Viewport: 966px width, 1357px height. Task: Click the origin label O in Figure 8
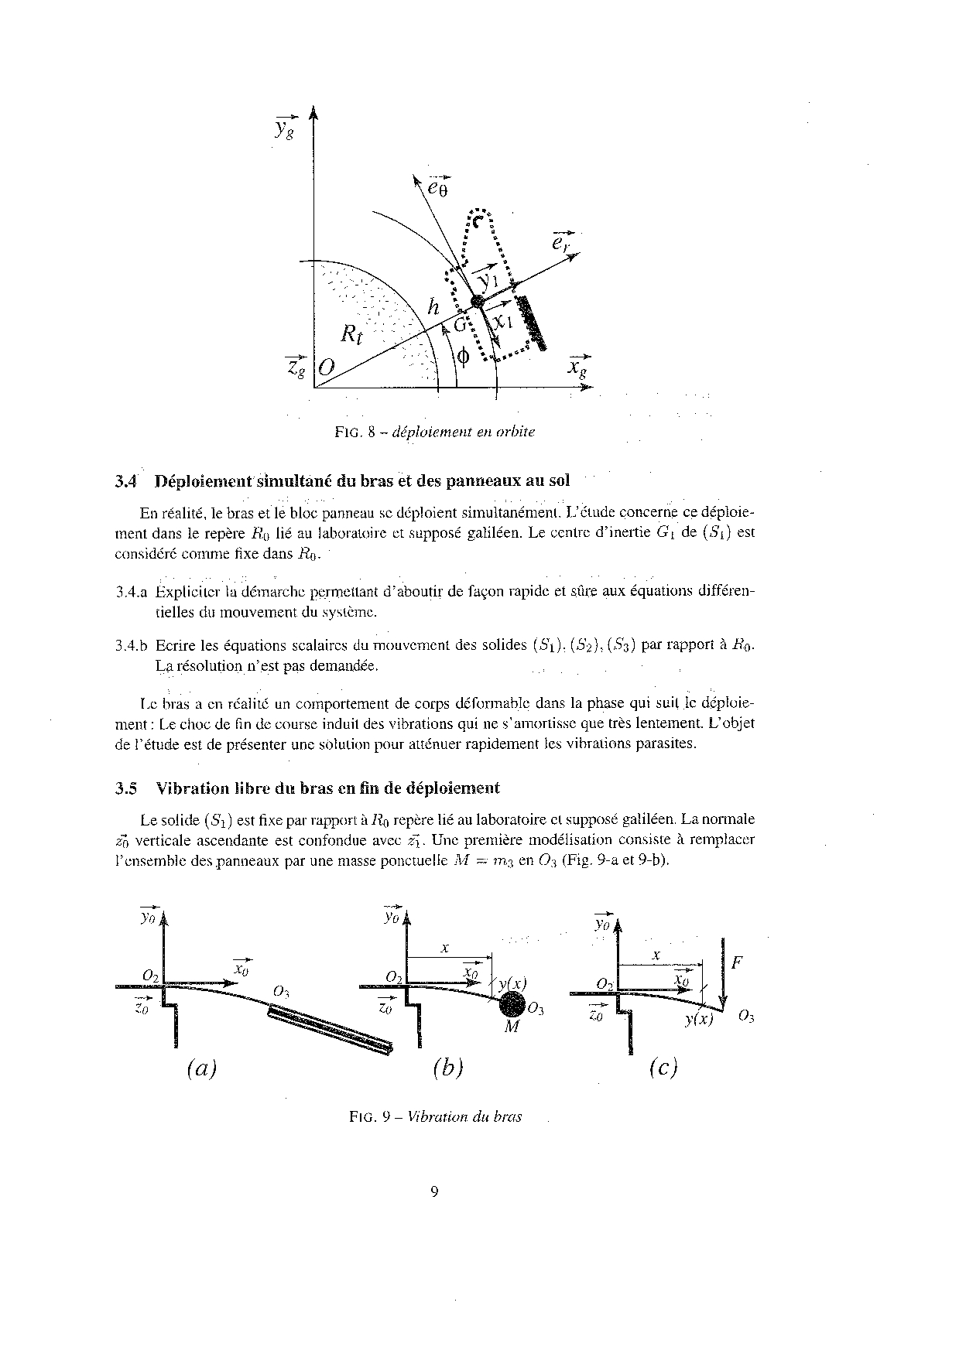(x=326, y=369)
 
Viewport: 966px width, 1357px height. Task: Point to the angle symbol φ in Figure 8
(x=463, y=357)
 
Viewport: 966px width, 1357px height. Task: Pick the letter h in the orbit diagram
(x=433, y=307)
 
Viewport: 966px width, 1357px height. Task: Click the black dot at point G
(x=478, y=301)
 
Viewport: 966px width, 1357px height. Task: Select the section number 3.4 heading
(x=125, y=480)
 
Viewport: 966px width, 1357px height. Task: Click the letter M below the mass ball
(x=511, y=1027)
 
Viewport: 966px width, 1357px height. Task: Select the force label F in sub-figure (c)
(x=737, y=963)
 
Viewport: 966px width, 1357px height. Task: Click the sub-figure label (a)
(x=201, y=1068)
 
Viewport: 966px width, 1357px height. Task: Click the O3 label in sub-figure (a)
(x=282, y=993)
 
